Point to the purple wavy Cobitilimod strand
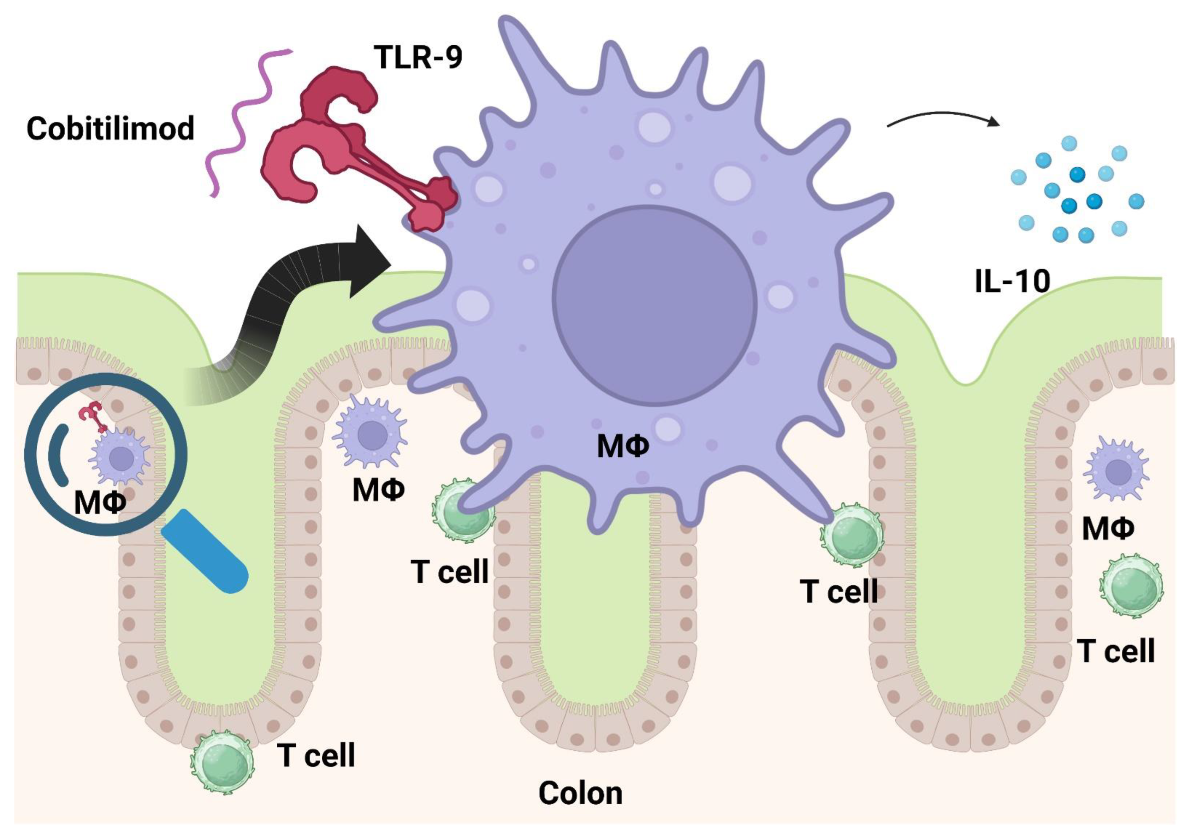242,119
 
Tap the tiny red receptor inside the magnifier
93,415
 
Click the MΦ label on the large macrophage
622,446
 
